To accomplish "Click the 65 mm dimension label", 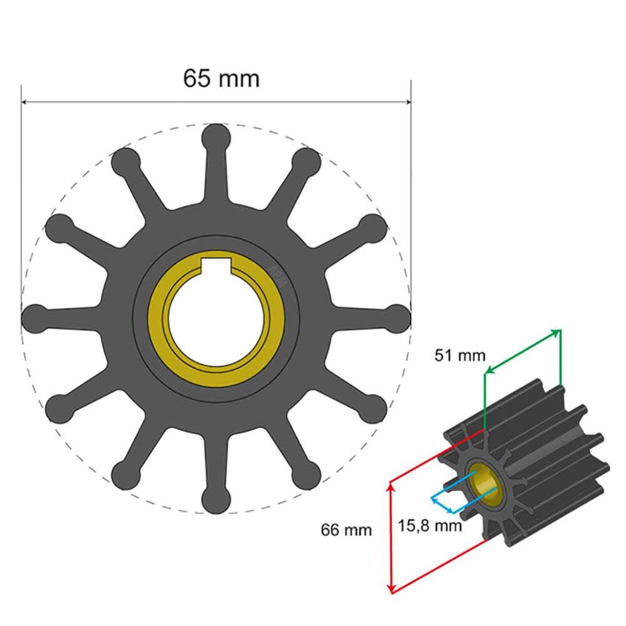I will [x=221, y=78].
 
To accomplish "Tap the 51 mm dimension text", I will [x=460, y=356].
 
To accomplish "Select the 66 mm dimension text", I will [x=346, y=530].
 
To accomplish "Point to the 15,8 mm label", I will [x=430, y=525].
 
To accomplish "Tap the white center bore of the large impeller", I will [x=217, y=319].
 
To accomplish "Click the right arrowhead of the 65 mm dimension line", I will [x=408, y=102].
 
